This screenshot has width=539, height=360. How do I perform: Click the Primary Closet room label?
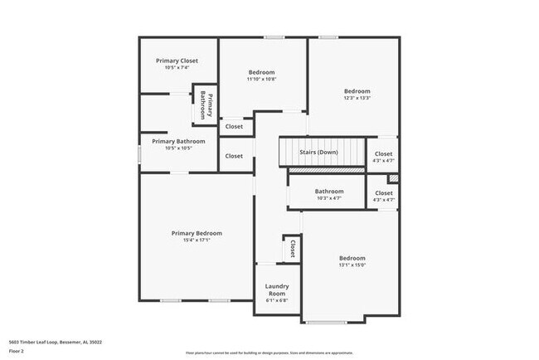pyautogui.click(x=177, y=61)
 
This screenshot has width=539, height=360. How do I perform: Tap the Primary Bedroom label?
pyautogui.click(x=197, y=233)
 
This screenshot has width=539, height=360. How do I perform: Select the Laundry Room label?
pyautogui.click(x=276, y=289)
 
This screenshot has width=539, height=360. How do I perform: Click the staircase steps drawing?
pyautogui.click(x=321, y=153)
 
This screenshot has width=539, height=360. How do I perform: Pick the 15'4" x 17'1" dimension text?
pyautogui.click(x=197, y=241)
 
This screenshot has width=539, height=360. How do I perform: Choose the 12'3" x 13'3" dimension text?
pyautogui.click(x=357, y=98)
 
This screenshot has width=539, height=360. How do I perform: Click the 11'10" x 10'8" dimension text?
pyautogui.click(x=261, y=80)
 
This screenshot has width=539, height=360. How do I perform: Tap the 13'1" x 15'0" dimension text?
pyautogui.click(x=352, y=265)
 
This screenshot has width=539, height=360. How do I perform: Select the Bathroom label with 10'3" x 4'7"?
pyautogui.click(x=328, y=192)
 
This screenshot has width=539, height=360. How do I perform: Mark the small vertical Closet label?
pyautogui.click(x=292, y=247)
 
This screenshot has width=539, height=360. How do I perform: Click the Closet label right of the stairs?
pyautogui.click(x=383, y=153)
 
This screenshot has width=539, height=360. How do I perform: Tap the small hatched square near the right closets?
pyautogui.click(x=393, y=178)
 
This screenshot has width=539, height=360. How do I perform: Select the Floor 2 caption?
pyautogui.click(x=17, y=352)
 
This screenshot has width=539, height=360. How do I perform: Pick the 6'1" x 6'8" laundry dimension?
pyautogui.click(x=276, y=300)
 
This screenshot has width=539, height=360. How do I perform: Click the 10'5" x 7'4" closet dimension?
pyautogui.click(x=177, y=68)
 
